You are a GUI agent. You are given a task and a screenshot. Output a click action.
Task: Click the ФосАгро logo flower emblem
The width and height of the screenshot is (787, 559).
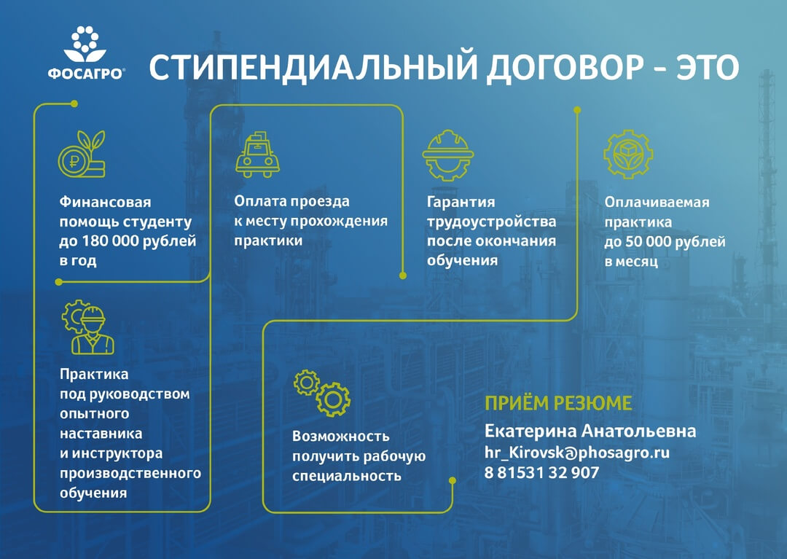[x=85, y=44]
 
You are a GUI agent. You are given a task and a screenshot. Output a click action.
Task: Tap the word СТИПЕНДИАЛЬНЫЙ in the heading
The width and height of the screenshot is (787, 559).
[x=312, y=67]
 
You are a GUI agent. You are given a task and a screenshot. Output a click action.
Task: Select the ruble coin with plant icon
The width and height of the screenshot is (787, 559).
[x=82, y=154]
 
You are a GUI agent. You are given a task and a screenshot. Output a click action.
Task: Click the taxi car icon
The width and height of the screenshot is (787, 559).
[x=257, y=155]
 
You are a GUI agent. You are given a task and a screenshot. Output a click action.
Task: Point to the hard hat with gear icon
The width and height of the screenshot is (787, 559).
[x=447, y=155]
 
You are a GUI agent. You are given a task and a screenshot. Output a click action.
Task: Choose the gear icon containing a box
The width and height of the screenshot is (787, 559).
[x=628, y=154]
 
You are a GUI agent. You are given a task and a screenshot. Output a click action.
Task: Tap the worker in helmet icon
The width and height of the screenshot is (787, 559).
[x=88, y=327]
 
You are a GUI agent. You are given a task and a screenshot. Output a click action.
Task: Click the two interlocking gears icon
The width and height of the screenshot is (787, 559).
[x=322, y=393]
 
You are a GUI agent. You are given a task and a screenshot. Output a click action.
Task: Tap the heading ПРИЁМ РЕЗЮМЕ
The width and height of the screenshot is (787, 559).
[x=558, y=403]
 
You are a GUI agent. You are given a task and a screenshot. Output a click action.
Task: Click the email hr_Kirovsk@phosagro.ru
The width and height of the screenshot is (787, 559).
[x=576, y=452]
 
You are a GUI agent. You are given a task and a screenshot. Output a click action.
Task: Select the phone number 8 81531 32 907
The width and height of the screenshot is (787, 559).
[x=541, y=473]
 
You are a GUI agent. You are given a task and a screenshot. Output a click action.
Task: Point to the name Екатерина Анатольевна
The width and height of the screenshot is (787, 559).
[x=590, y=431]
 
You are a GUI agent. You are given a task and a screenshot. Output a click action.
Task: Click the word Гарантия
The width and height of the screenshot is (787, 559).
[x=461, y=202]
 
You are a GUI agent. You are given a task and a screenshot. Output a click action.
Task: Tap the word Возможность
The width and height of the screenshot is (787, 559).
[x=341, y=436]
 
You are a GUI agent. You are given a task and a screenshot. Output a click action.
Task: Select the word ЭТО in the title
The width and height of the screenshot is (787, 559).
[x=708, y=67]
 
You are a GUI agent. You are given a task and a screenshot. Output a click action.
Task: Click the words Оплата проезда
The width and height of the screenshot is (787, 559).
[x=291, y=201]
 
